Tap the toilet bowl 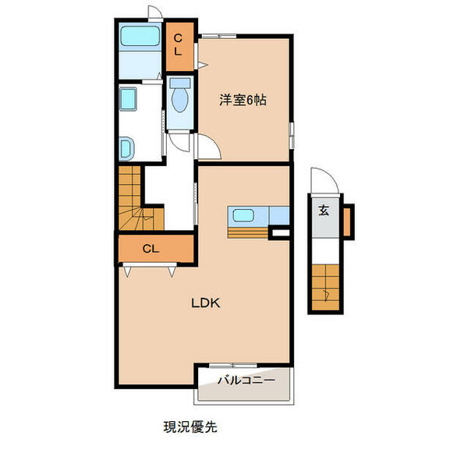point(180,99)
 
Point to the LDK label point(206,303)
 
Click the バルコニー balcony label point(245,381)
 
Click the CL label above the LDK point(152,249)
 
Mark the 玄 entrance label point(323,210)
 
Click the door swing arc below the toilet point(180,141)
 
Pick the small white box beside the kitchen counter point(279,232)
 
